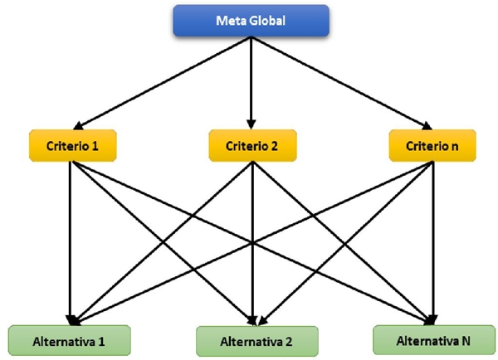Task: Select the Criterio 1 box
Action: (71, 146)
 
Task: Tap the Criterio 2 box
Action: (250, 146)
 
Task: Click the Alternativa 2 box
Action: (256, 340)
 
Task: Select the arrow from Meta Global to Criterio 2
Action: (250, 83)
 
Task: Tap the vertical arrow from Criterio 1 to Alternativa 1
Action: (71, 241)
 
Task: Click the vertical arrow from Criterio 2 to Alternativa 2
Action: (250, 241)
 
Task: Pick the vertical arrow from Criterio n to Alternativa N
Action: (432, 241)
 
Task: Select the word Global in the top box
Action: (266, 22)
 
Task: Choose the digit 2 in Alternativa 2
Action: (289, 340)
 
